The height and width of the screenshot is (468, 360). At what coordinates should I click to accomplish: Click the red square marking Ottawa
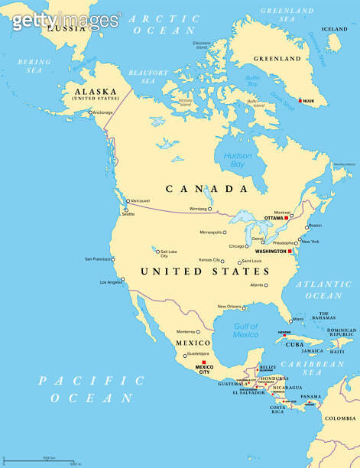point(287,218)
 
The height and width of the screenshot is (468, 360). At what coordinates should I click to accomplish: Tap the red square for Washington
point(290,251)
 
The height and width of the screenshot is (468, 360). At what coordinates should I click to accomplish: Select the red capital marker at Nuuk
point(300,99)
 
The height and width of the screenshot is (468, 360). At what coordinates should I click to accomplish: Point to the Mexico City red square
point(204,362)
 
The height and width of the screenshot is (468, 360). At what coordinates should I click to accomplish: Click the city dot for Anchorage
point(90,113)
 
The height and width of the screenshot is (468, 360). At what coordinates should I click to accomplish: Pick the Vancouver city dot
point(128,200)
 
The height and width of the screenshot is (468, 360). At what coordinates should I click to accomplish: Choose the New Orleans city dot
point(244,307)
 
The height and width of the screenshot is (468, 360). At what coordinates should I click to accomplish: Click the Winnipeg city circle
point(212,208)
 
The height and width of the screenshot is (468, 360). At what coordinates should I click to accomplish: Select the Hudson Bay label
point(238,159)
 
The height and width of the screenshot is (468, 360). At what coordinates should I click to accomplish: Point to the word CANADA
point(208,188)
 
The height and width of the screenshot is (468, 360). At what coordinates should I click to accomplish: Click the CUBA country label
point(294,344)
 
